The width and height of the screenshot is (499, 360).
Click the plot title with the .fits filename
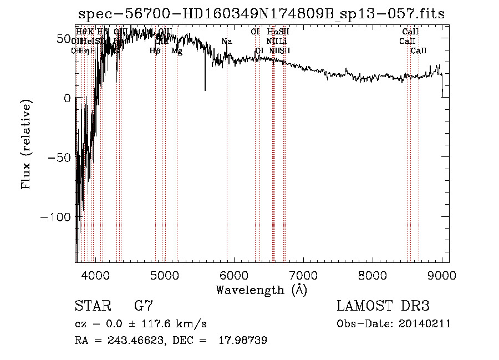[261, 13]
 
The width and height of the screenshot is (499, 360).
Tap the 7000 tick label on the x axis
[303, 275]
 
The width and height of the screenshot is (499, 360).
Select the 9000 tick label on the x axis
[442, 275]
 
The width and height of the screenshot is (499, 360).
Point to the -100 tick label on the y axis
[54, 217]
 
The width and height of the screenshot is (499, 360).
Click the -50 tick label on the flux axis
[58, 158]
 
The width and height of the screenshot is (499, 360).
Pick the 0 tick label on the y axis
[67, 98]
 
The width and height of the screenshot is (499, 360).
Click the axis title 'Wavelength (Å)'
[262, 290]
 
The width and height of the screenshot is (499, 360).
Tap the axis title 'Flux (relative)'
[26, 144]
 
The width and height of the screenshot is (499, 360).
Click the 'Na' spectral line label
[226, 42]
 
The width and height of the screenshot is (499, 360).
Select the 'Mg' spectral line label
[176, 51]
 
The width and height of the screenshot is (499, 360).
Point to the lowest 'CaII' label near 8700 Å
[419, 51]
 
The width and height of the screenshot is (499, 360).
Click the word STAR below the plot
[92, 307]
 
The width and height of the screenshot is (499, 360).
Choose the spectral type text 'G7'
[144, 307]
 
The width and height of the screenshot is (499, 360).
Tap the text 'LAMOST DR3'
[383, 307]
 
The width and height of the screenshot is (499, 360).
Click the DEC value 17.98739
[245, 341]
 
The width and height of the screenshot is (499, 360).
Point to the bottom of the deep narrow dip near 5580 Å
[205, 90]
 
